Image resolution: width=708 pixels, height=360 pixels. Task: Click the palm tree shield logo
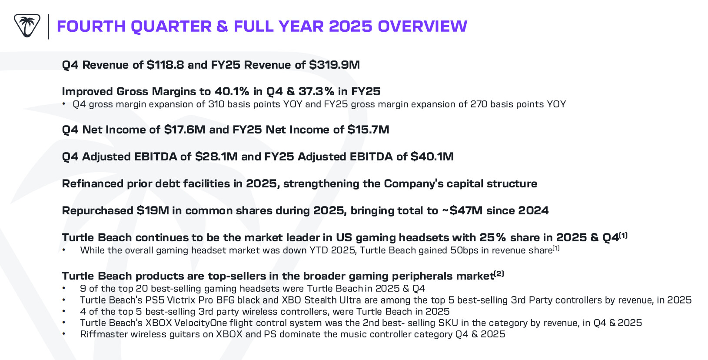coord(27,26)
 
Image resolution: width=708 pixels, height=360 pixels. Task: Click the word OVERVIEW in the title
coord(422,27)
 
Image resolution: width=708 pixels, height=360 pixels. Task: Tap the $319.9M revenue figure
coord(334,65)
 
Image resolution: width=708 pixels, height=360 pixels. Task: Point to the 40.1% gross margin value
coord(232,92)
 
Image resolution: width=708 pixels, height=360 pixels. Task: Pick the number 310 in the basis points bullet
coord(216,104)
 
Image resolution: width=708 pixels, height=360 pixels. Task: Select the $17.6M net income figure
coord(185,130)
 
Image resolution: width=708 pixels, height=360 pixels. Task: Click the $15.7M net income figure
coord(368,130)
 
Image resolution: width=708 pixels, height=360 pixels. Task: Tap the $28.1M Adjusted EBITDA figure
coord(216,157)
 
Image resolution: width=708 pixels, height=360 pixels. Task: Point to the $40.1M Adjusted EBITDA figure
coord(432,157)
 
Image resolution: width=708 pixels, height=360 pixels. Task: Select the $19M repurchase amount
coord(153,211)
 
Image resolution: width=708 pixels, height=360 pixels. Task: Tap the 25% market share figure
coord(493,238)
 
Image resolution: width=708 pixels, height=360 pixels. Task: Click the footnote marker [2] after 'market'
coord(499,274)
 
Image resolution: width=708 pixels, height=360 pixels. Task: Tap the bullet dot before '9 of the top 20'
coord(64,288)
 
